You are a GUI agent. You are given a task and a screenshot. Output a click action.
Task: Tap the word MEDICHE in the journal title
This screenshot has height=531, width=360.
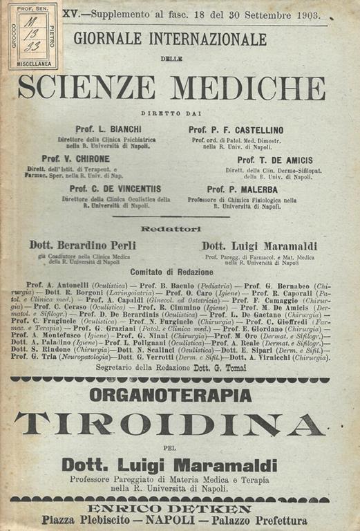pos(247,88)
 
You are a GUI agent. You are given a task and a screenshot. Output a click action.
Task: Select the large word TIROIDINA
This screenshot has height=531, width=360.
pos(169,424)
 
